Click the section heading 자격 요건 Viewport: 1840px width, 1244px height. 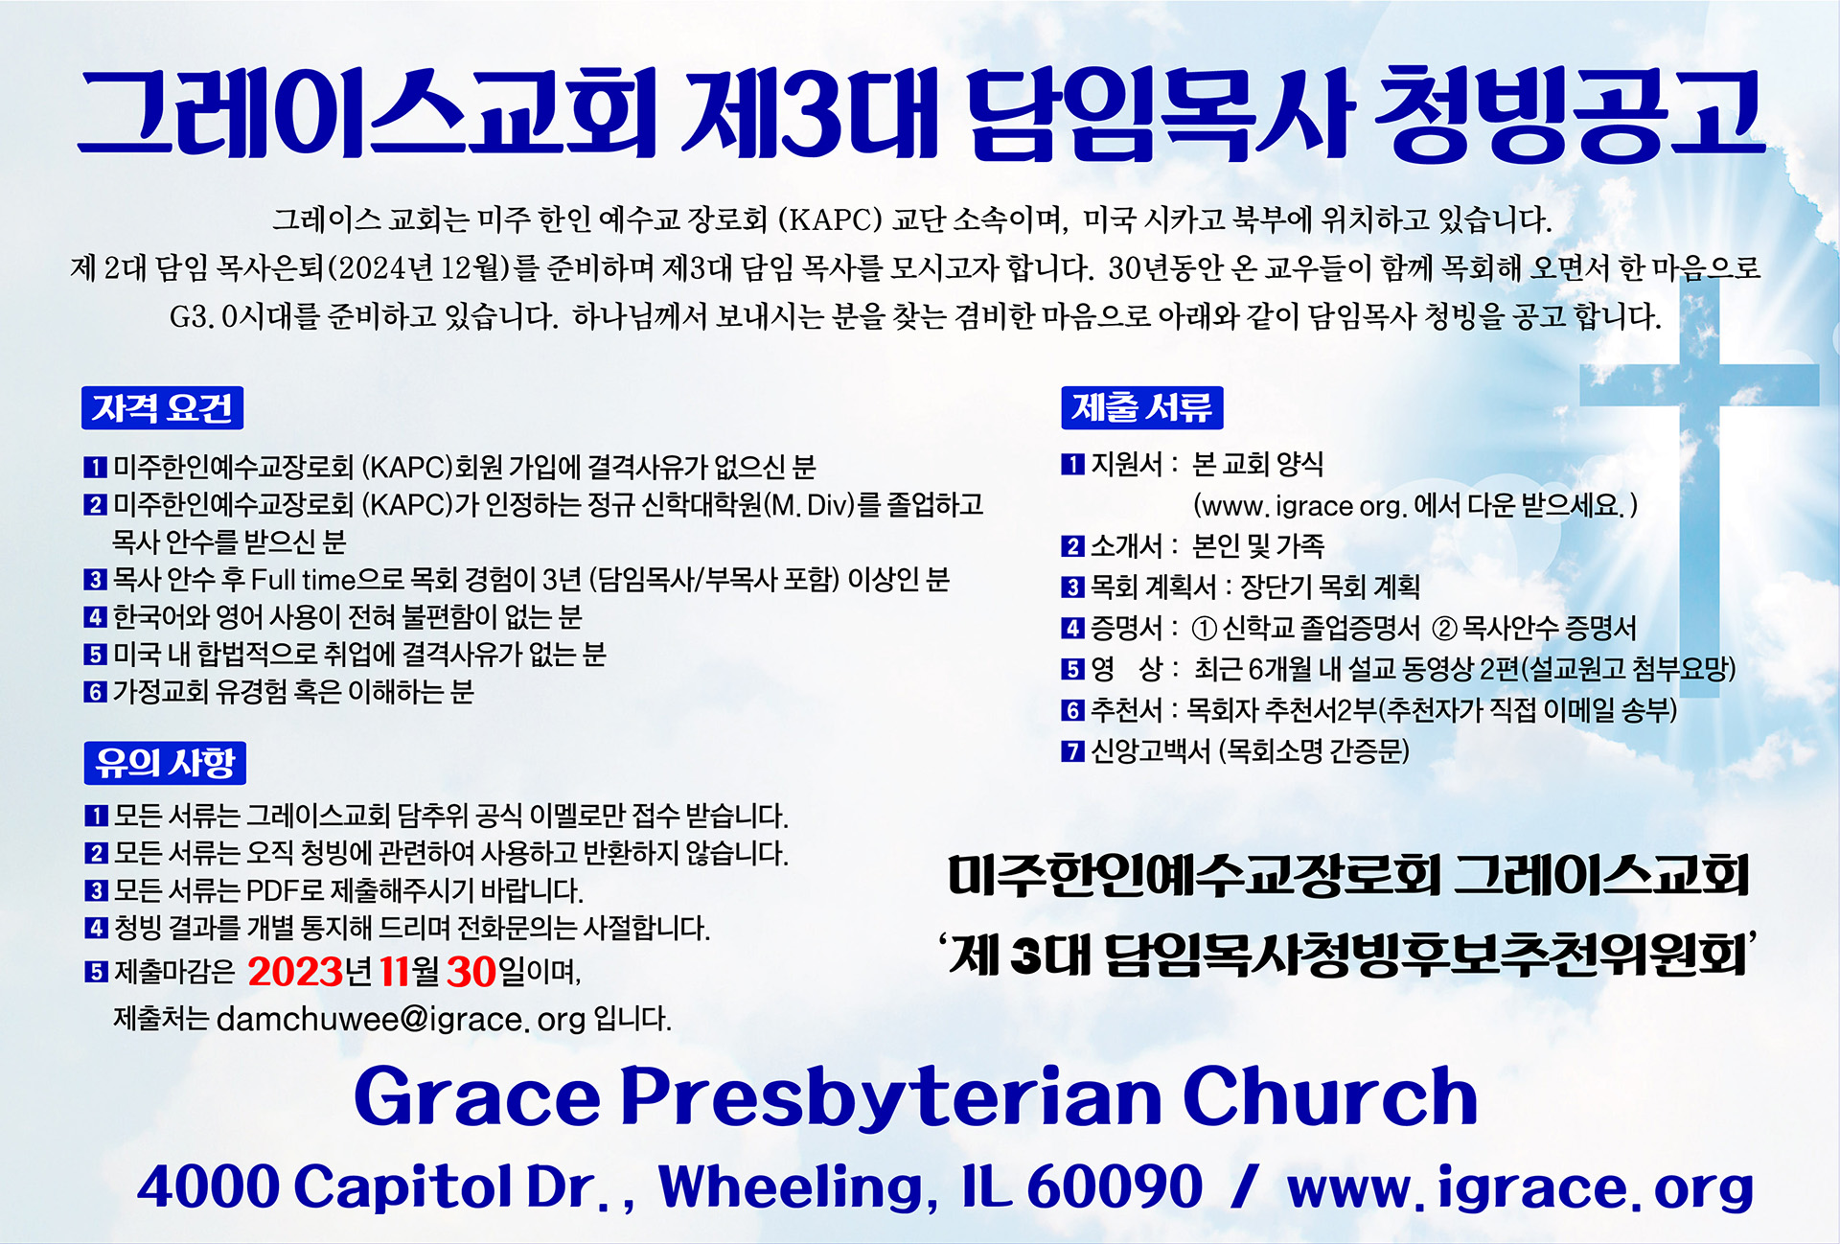coord(162,408)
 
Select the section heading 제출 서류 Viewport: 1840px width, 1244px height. coord(1141,407)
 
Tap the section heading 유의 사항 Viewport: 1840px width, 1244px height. coord(165,763)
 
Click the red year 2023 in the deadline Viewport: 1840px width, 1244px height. coord(295,972)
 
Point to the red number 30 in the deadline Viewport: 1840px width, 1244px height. coord(471,972)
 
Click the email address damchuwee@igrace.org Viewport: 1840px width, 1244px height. coord(402,1019)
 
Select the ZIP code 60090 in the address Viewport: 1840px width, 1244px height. coord(1115,1186)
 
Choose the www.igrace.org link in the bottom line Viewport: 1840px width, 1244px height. coord(1520,1188)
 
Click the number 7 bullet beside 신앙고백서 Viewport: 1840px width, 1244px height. coord(1072,750)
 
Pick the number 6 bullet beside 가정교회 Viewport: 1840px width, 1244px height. coord(94,692)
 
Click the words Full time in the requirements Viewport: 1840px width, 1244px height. coord(302,580)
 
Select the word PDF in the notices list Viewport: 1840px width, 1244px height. coord(273,890)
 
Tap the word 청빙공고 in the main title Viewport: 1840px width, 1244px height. coord(1569,113)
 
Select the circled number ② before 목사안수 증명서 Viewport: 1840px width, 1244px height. coord(1444,629)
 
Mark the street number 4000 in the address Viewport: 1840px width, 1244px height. coord(208,1186)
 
